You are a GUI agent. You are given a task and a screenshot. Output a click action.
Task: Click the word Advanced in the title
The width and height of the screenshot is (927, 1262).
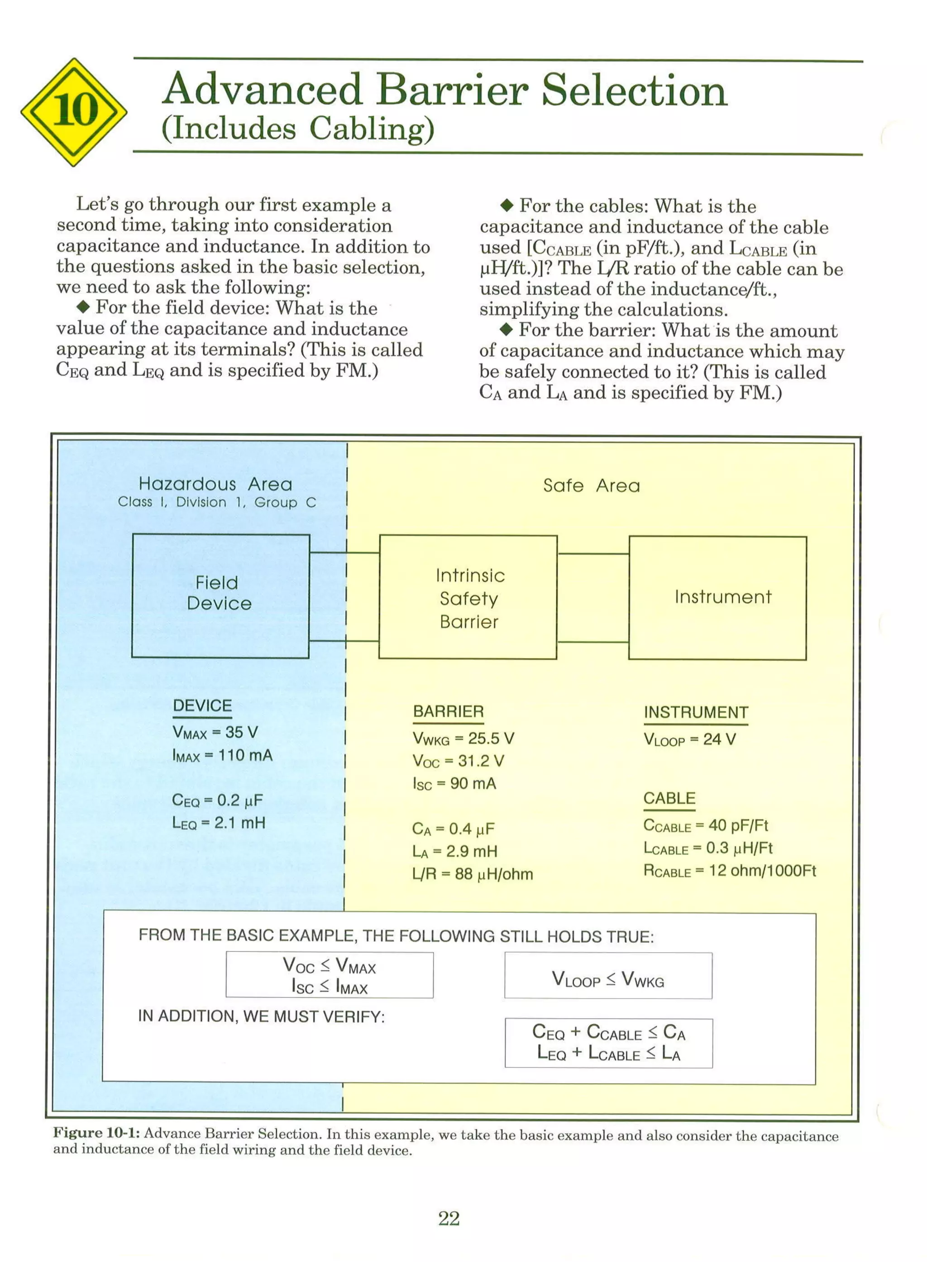click(263, 90)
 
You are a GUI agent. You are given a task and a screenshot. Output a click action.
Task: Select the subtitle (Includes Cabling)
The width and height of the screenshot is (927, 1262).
click(297, 129)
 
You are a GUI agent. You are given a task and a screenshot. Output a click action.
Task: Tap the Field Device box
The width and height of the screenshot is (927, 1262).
click(220, 595)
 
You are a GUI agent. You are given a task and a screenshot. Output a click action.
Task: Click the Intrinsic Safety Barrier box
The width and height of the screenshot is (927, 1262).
click(468, 597)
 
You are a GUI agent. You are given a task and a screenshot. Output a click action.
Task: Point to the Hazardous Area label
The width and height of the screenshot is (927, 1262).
click(215, 484)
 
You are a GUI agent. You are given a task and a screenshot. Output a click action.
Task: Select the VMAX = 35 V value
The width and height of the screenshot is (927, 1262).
click(215, 733)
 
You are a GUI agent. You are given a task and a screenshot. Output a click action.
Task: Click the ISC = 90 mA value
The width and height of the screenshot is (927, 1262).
click(454, 784)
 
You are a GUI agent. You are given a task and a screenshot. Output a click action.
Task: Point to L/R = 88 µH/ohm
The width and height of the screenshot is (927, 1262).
click(472, 874)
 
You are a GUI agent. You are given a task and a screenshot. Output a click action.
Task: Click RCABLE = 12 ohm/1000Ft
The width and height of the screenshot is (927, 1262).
click(730, 871)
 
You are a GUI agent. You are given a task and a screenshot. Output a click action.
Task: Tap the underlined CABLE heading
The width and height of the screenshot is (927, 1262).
click(669, 798)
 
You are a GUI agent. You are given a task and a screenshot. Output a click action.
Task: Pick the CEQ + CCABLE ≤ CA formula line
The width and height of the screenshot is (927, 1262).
click(608, 1032)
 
